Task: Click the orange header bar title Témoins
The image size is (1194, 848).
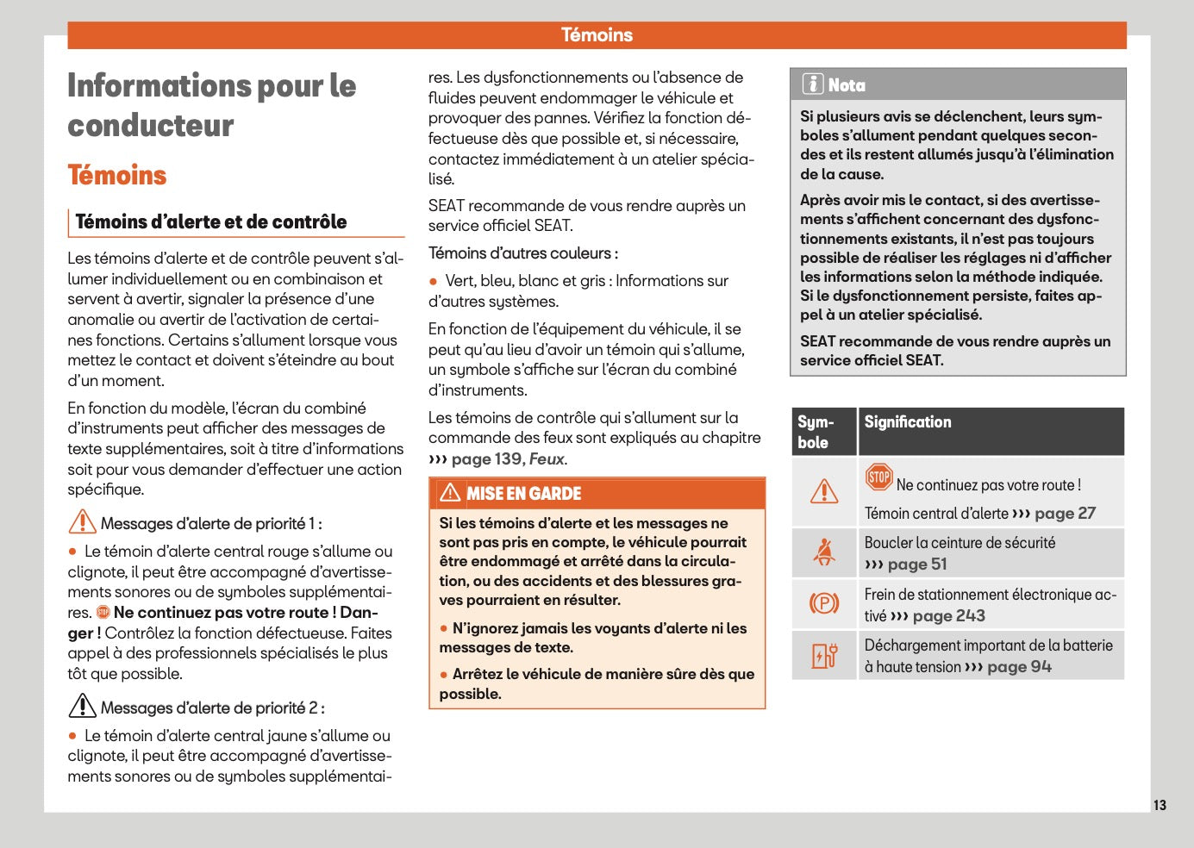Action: [x=597, y=35]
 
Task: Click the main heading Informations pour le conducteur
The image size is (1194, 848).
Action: [x=211, y=105]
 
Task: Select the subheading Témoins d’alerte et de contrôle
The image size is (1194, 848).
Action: [x=211, y=221]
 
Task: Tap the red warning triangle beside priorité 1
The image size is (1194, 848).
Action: [x=82, y=522]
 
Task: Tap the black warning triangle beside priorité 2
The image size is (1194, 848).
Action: [x=82, y=707]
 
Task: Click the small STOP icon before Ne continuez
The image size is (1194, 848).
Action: [x=103, y=613]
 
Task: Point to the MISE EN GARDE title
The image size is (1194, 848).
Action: [x=524, y=494]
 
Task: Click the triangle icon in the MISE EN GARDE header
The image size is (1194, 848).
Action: [x=450, y=493]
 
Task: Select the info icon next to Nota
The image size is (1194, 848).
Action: [x=812, y=84]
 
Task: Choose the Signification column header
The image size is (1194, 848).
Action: [x=908, y=422]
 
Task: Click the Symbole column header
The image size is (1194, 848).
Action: [x=815, y=432]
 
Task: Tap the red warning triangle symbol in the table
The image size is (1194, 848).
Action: [x=824, y=491]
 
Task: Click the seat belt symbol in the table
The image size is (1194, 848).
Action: [x=824, y=552]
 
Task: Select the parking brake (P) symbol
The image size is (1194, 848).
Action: [x=824, y=603]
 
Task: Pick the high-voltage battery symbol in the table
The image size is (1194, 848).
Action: [x=824, y=655]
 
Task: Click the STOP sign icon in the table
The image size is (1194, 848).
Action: [x=878, y=477]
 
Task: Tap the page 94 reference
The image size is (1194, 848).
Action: [x=1019, y=667]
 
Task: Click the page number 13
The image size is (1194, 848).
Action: [x=1160, y=805]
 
